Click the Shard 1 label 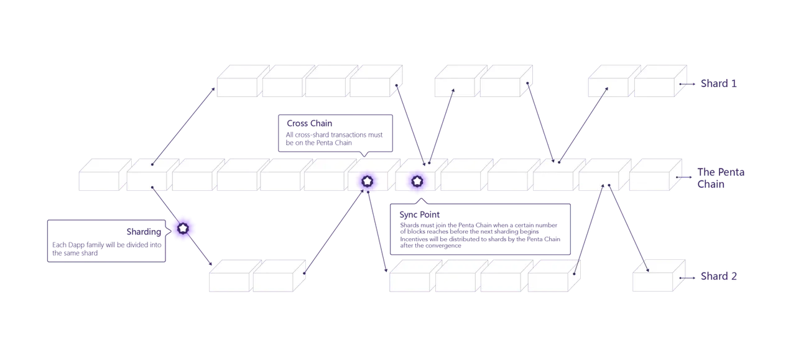point(718,83)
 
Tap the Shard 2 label point(718,276)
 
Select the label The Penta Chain point(721,178)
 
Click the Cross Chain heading point(309,123)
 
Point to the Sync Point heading point(419,215)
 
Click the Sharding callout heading point(144,232)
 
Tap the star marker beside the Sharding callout point(183,228)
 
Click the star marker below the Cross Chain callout point(367,182)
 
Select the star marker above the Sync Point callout point(417,182)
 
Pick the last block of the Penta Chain point(655,175)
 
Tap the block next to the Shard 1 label point(660,81)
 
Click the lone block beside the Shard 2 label point(659,275)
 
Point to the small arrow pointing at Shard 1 point(687,84)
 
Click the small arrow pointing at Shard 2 point(687,278)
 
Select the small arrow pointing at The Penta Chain point(683,177)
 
